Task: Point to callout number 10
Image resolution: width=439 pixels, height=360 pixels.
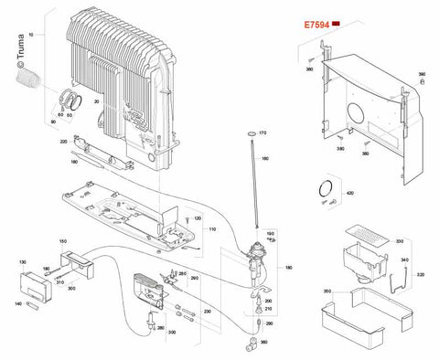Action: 30,33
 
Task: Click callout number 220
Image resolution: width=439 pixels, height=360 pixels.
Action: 63,142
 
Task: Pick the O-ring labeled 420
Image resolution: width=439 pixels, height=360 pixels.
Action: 323,190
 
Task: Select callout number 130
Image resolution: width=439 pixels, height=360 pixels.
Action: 21,260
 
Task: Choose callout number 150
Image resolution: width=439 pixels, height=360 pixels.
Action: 63,241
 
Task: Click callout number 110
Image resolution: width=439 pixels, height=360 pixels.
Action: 211,228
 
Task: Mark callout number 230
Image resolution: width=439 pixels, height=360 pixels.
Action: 207,312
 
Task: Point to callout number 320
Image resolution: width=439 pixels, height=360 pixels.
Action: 422,274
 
